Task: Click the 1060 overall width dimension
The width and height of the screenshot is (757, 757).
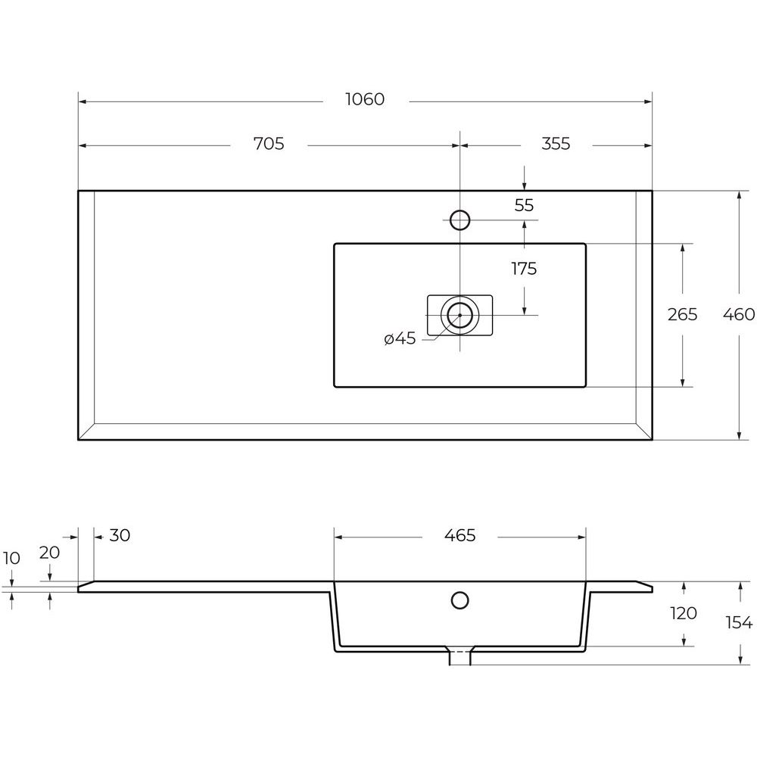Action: tap(365, 99)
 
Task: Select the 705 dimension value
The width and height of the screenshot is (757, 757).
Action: tap(269, 143)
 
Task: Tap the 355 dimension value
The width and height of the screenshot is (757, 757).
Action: tap(556, 143)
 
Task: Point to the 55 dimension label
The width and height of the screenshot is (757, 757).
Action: tap(524, 205)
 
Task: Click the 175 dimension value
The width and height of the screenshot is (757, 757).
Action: tap(524, 269)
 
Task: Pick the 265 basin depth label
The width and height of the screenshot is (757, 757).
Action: tap(682, 314)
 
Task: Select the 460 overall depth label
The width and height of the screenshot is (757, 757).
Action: tap(739, 314)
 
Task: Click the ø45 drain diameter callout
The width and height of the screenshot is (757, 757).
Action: tap(400, 338)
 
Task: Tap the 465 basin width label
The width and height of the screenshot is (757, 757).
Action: tap(459, 535)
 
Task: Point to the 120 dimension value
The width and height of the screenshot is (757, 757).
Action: tap(683, 613)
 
